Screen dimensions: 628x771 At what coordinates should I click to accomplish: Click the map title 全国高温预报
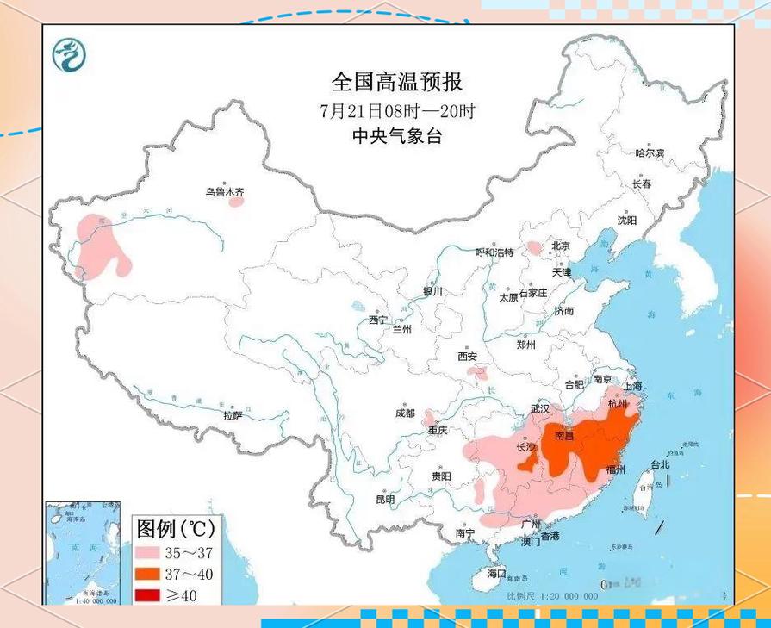click(x=397, y=82)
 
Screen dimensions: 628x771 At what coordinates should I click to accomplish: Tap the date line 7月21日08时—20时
click(x=397, y=110)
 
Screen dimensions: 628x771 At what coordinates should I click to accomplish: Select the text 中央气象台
click(x=397, y=136)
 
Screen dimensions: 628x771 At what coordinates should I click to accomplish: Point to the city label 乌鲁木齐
click(x=224, y=192)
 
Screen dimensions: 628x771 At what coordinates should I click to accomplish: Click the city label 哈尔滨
click(x=650, y=152)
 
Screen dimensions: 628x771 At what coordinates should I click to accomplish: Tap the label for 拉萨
click(x=233, y=414)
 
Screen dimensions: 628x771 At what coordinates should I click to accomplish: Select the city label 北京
click(x=561, y=246)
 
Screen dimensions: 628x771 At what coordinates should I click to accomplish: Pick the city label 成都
click(x=405, y=413)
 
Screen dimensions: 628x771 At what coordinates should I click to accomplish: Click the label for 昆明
click(x=385, y=500)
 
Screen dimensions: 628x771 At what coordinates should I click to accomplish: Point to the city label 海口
click(x=497, y=573)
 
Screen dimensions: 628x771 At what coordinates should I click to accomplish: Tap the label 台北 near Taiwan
click(x=660, y=464)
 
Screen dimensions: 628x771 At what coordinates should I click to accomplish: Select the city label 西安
click(x=468, y=356)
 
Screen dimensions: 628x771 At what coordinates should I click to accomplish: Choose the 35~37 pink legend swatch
click(x=152, y=552)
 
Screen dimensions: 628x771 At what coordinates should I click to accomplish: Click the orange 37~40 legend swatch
click(x=152, y=573)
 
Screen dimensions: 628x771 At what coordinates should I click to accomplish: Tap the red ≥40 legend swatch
click(x=152, y=594)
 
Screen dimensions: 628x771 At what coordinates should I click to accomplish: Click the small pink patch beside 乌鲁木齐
click(x=236, y=203)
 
